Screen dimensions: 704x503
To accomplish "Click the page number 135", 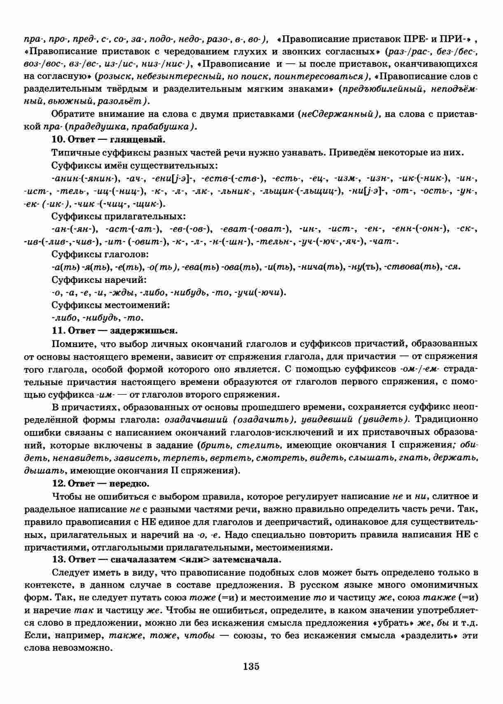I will coord(251,667).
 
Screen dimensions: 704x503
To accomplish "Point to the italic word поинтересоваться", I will coord(331,76).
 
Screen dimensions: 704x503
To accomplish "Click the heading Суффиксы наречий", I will coord(99,280).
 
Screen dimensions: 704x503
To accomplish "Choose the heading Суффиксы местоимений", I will coord(111,305).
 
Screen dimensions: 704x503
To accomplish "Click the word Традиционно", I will coord(447,419).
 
